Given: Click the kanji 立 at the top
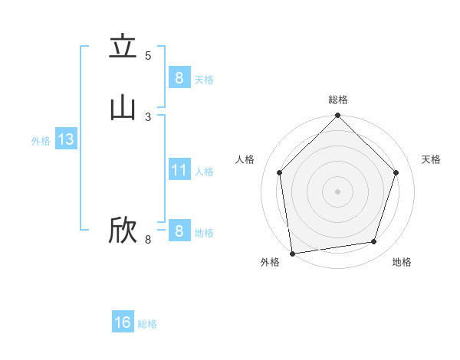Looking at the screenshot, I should (123, 47).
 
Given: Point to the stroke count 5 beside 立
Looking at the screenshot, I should (148, 55).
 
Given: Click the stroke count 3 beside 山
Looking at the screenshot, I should (148, 116).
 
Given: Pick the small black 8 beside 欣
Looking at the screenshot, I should (148, 240).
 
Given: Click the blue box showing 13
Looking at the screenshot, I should (65, 140).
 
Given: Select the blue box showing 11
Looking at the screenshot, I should (179, 170).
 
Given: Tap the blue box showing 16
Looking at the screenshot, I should (123, 322).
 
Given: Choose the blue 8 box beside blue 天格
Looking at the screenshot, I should (179, 77).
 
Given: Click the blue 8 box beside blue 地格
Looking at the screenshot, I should (179, 231).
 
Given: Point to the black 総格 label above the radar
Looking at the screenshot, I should (338, 100).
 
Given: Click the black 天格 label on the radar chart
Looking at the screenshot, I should (431, 159).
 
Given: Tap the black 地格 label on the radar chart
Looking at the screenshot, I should (402, 262).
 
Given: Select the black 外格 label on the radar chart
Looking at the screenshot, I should (270, 262).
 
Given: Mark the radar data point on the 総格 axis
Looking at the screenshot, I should (338, 116).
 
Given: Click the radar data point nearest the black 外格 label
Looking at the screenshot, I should (292, 253).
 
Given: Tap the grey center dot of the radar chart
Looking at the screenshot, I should (338, 191).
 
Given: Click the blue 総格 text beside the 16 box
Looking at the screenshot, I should (147, 324).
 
